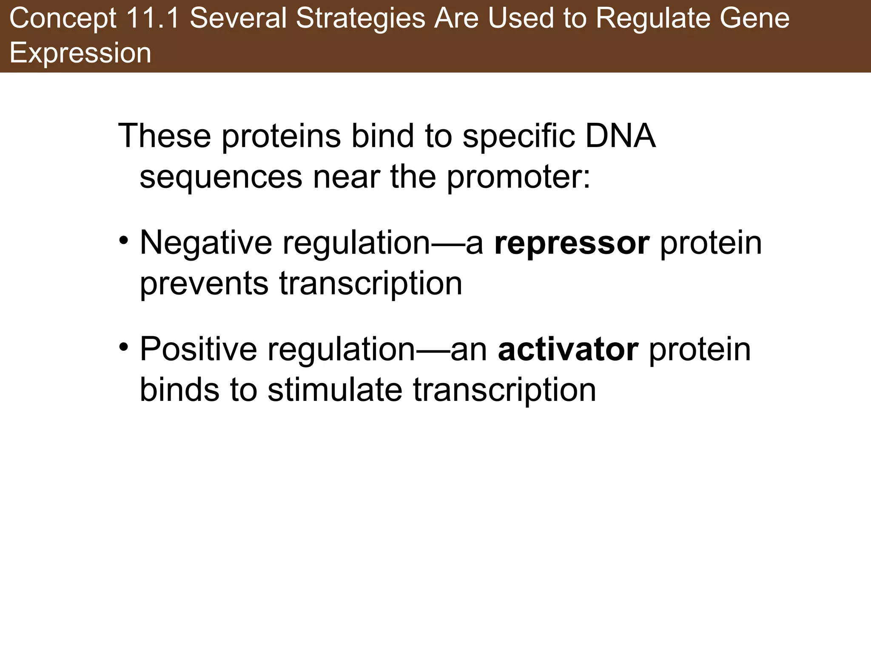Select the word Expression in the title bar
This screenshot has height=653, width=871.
(x=80, y=53)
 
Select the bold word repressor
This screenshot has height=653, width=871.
(x=572, y=243)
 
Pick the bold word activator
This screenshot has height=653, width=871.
(x=568, y=349)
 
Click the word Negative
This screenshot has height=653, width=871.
(x=206, y=243)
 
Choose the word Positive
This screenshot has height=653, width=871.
(x=198, y=349)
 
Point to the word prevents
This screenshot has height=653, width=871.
(x=204, y=284)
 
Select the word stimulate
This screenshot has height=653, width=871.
(x=335, y=390)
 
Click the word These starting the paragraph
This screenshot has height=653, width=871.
(x=165, y=136)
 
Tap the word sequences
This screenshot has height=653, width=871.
(x=221, y=177)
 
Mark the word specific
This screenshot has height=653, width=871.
(x=518, y=136)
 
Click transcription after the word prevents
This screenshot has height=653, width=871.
(x=370, y=284)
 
